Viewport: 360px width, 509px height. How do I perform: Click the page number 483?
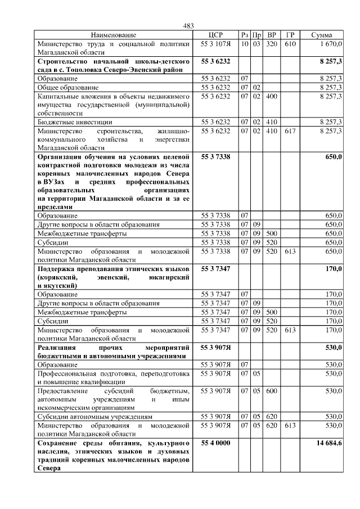[x=188, y=26]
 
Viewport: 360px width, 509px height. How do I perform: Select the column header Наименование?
[x=114, y=35]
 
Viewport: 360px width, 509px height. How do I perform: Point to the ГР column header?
[x=289, y=35]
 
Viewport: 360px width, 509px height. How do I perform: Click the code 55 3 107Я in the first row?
[x=215, y=43]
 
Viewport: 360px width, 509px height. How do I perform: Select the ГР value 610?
[x=289, y=43]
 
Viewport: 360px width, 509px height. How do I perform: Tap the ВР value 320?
[x=271, y=43]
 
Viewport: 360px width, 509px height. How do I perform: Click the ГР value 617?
[x=289, y=130]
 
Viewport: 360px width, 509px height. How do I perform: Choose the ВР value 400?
[x=271, y=96]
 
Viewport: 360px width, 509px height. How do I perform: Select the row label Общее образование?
[x=68, y=88]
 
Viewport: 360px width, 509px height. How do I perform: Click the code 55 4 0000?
[x=215, y=443]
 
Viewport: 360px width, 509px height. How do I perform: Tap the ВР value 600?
[x=271, y=390]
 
